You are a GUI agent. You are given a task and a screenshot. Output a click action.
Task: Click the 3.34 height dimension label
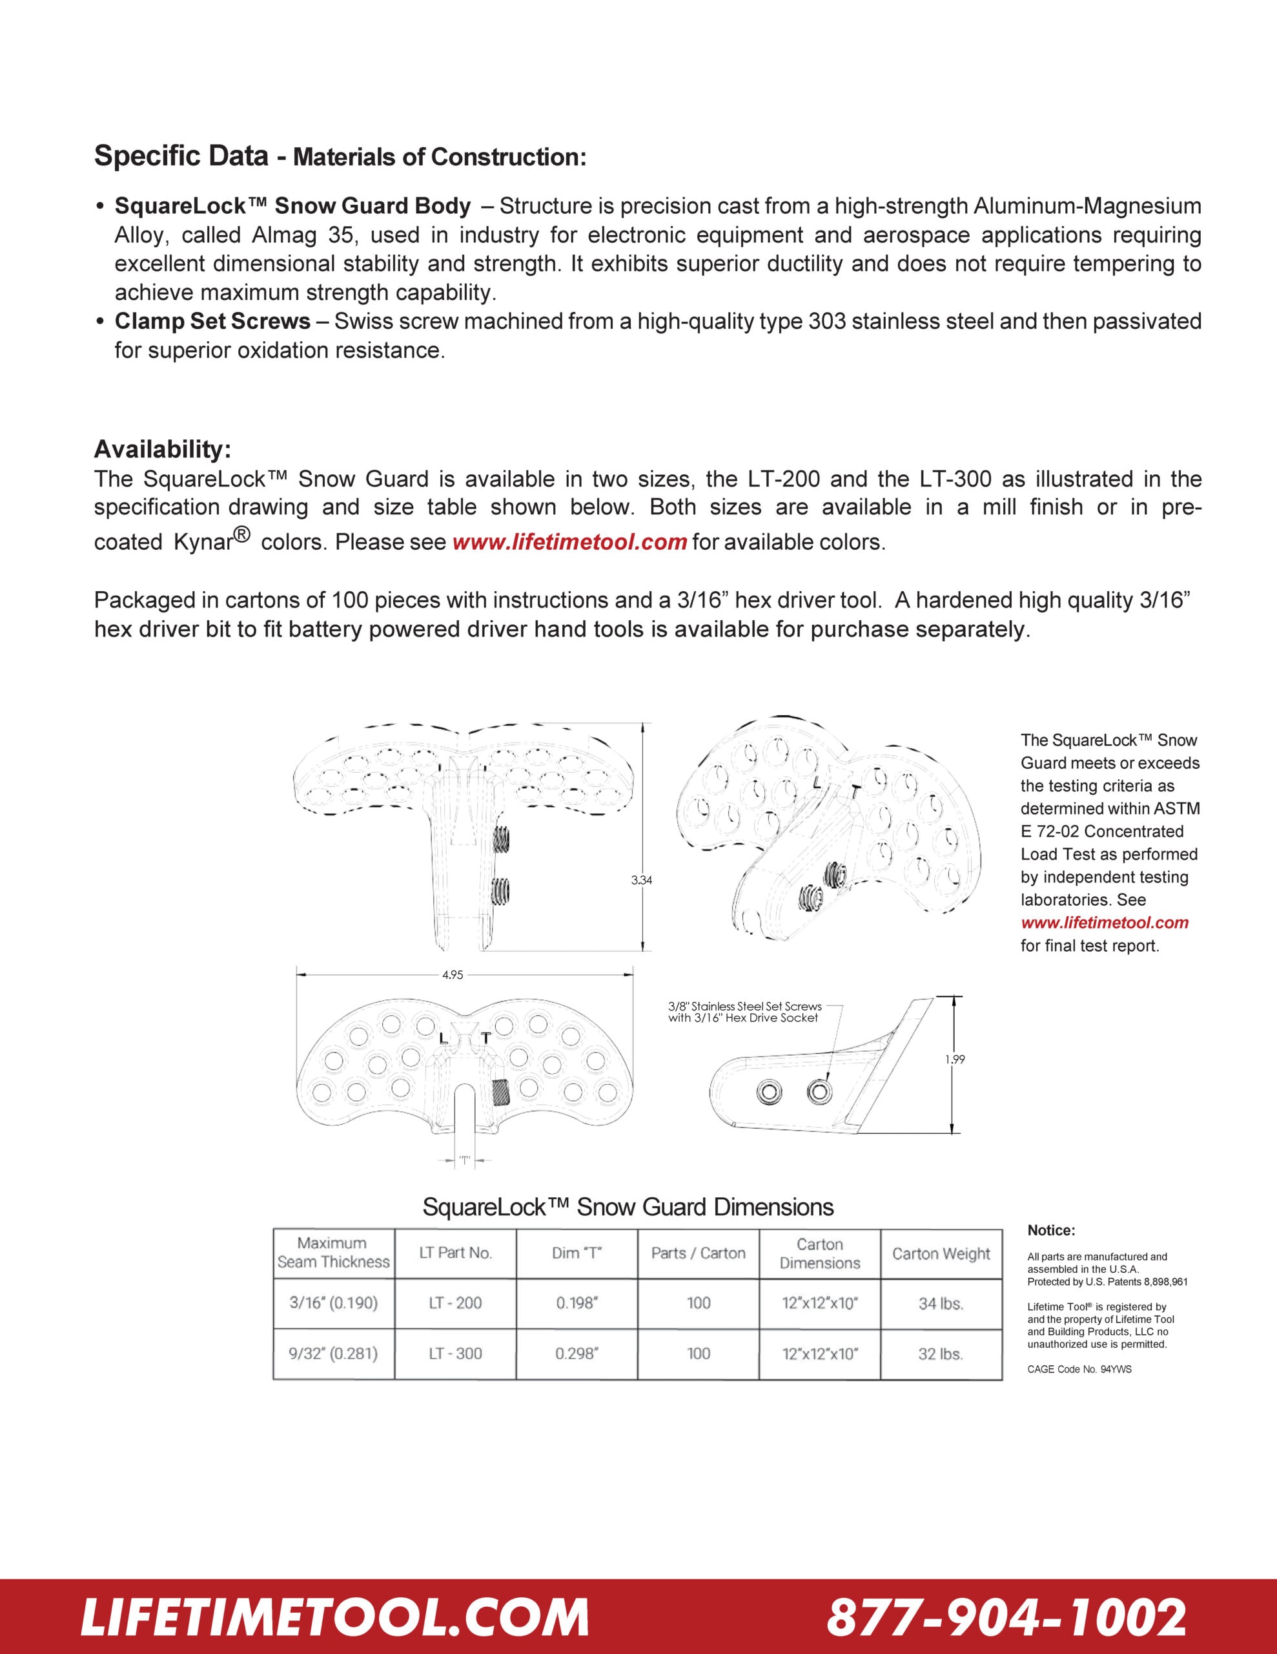coord(641,880)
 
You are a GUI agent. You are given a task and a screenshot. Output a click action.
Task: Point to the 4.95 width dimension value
coord(453,976)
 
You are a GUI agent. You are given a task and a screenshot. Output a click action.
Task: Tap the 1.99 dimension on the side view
coord(955,1060)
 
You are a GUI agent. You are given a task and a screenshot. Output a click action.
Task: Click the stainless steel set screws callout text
coord(744,1012)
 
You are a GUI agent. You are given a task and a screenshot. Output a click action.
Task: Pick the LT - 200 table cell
coord(455,1303)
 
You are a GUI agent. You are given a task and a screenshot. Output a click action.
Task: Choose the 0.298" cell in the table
coord(577,1354)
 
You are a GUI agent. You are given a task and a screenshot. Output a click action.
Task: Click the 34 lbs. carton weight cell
coord(941,1303)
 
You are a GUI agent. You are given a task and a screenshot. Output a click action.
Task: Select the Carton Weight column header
coord(941,1253)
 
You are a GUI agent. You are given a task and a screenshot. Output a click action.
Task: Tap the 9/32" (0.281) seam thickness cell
coord(333,1354)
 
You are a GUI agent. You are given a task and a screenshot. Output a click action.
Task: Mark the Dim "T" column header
coord(577,1253)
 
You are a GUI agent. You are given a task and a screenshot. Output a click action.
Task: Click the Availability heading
coord(162,449)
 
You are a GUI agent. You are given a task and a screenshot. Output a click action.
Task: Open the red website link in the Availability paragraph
coord(569,542)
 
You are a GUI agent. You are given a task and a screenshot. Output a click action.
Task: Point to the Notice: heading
coord(1050,1231)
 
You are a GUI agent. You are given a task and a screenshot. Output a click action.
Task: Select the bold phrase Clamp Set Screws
coord(212,321)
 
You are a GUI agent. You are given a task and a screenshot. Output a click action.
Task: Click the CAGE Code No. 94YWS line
coord(1079,1369)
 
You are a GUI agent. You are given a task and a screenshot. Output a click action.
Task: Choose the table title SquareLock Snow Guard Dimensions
coord(628,1207)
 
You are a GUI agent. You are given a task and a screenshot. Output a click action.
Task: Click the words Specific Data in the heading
coord(181,155)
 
